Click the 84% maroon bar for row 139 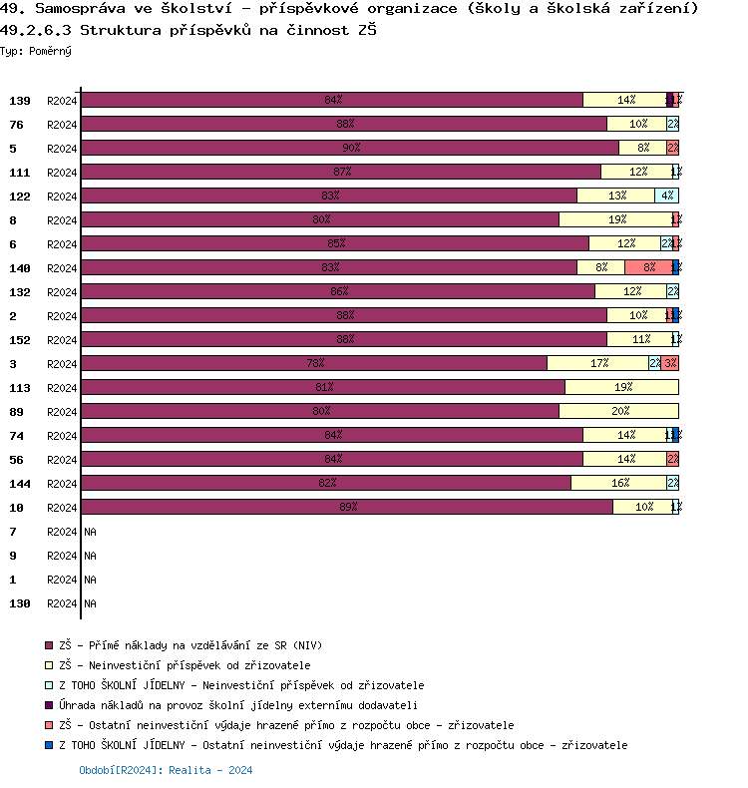(332, 100)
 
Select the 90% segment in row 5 (350, 148)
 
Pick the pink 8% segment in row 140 (648, 267)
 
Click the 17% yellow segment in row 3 (597, 363)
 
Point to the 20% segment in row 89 (618, 411)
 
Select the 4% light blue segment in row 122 (666, 196)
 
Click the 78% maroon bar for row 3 (314, 363)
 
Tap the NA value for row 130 (90, 603)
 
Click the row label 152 (20, 340)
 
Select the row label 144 (20, 484)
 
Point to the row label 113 (20, 388)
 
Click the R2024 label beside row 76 (62, 125)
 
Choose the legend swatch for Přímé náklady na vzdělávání (49, 645)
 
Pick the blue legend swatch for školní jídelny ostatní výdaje (49, 745)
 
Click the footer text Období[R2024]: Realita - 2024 (166, 770)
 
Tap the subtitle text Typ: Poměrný (36, 50)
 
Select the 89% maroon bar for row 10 (347, 507)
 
